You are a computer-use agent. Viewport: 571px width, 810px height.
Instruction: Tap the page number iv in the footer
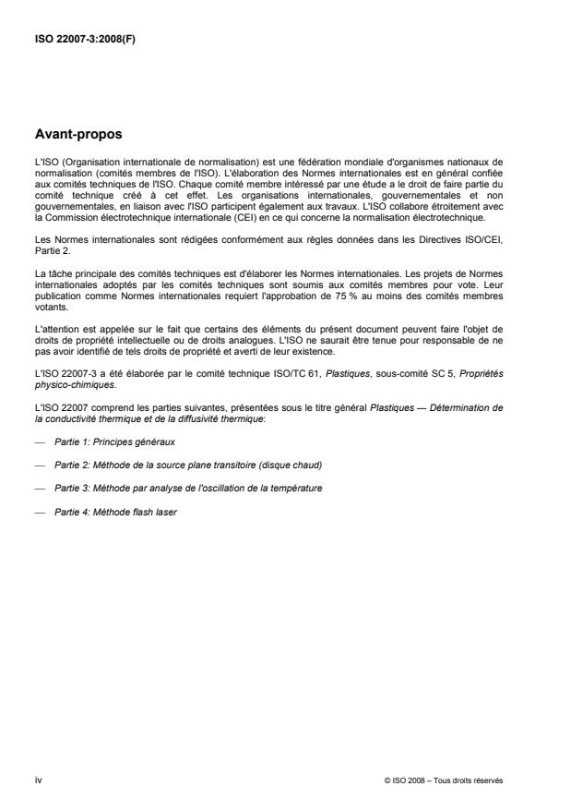37,780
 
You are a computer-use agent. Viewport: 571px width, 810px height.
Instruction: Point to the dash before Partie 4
38,513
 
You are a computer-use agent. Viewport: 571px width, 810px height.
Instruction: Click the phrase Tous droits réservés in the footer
471,781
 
